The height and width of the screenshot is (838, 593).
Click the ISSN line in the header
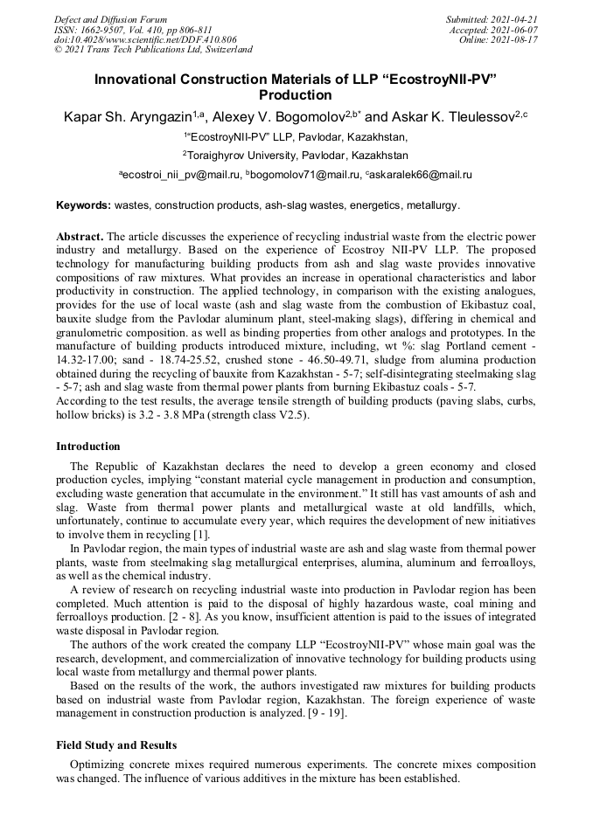133,30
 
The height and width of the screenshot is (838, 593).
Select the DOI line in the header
145,40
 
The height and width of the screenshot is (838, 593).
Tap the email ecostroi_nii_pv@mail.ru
182,175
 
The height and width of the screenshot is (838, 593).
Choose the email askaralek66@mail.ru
422,175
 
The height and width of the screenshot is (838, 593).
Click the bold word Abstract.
80,237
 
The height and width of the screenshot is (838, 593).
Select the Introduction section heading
87,446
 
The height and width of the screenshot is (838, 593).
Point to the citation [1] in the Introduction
201,535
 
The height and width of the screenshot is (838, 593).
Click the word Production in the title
296,95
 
